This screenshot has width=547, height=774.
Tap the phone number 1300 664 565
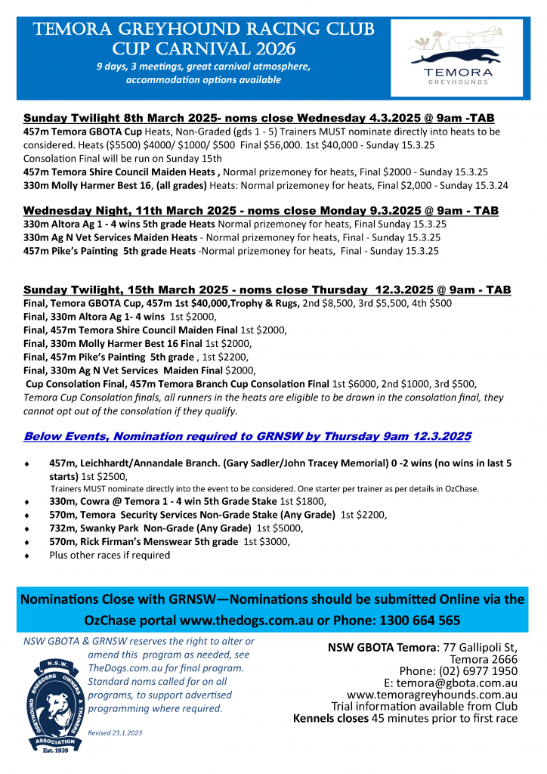[x=417, y=621]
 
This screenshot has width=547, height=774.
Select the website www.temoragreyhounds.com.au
[x=431, y=695]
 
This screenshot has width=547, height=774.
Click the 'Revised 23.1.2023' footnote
[x=115, y=732]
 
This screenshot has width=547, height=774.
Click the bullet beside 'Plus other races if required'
[x=28, y=556]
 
